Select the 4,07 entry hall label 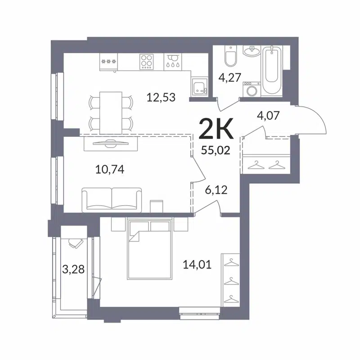[269, 116]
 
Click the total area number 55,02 [216, 150]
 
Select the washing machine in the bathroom [252, 89]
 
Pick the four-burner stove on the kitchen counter [147, 60]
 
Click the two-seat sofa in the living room [112, 199]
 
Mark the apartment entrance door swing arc [315, 118]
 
